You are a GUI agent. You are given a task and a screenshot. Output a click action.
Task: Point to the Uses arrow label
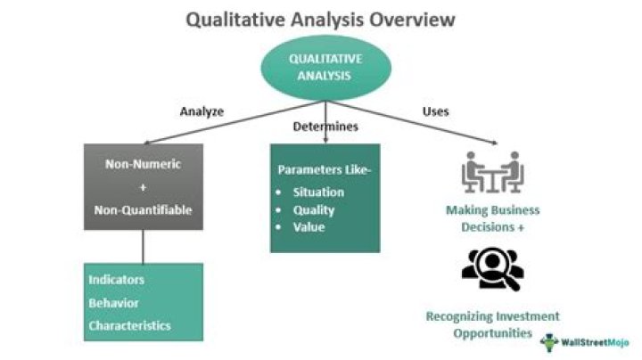pyautogui.click(x=435, y=112)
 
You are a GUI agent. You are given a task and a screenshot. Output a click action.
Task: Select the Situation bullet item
pyautogui.click(x=317, y=192)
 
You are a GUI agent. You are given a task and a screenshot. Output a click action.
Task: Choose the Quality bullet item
pyautogui.click(x=313, y=209)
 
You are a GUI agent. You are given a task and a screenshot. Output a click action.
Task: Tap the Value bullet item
pyautogui.click(x=309, y=226)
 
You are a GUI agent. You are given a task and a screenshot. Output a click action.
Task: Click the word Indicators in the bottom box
pyautogui.click(x=117, y=280)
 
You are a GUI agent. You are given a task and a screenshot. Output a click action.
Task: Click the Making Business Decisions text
pyautogui.click(x=493, y=218)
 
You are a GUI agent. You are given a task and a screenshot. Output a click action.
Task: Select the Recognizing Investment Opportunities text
pyautogui.click(x=492, y=324)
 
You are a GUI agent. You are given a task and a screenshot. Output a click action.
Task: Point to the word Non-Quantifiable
pyautogui.click(x=144, y=211)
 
